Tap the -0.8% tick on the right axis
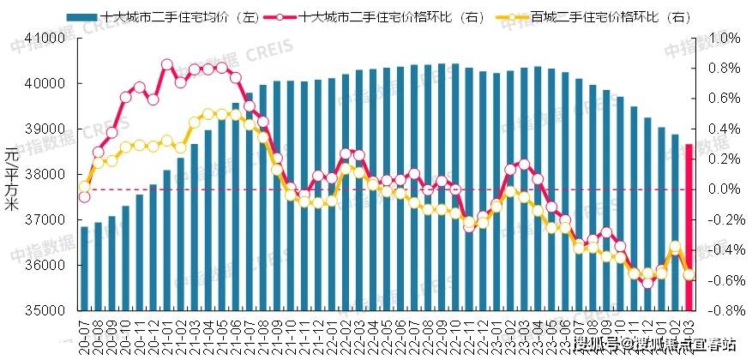click(723, 310)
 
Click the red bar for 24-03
click(689, 227)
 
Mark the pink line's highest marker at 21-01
click(166, 64)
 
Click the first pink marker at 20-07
click(84, 197)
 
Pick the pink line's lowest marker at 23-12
click(647, 282)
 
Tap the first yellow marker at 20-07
click(84, 186)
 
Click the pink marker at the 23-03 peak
click(523, 164)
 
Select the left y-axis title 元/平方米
click(11, 179)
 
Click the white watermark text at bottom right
click(656, 345)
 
